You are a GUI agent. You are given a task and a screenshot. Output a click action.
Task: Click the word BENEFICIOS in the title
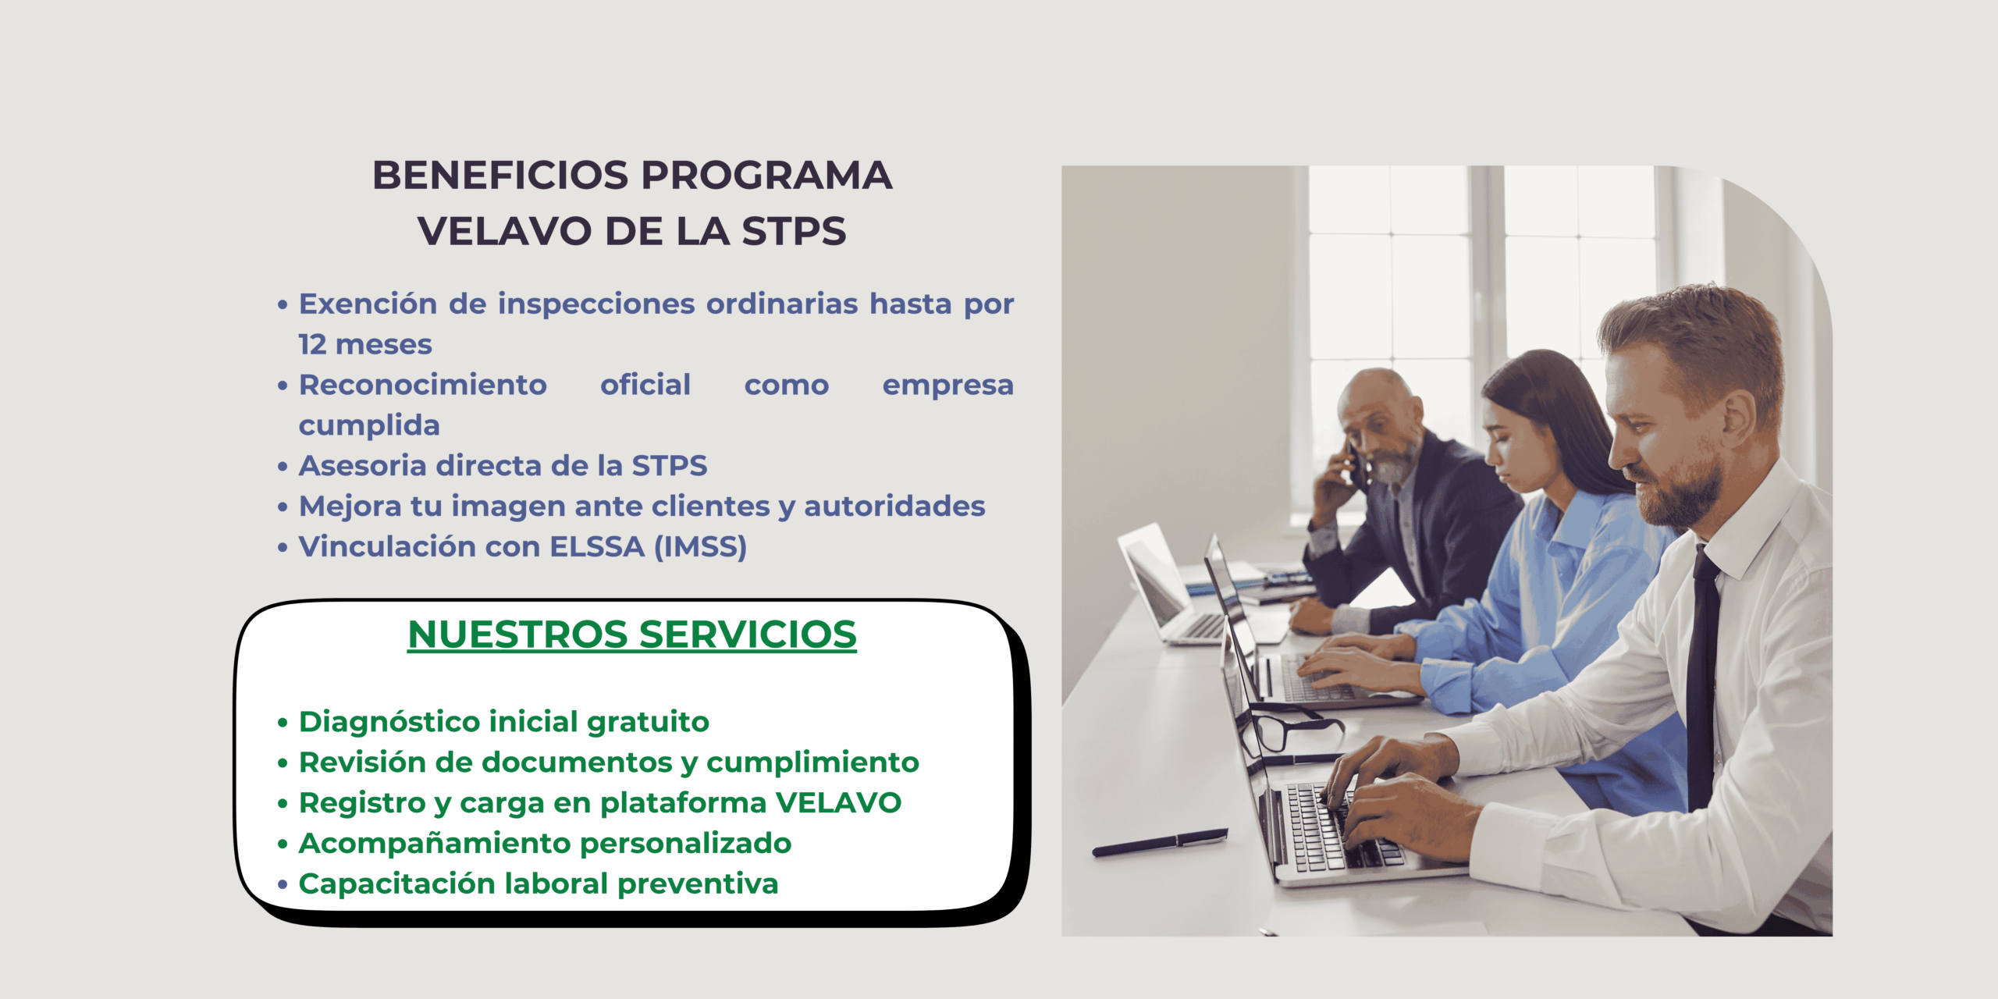tap(500, 175)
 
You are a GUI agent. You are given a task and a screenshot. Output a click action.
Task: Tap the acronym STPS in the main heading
tap(794, 231)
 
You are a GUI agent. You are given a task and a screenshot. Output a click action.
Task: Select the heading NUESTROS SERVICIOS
tap(632, 634)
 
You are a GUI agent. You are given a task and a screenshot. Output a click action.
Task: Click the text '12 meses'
tap(365, 344)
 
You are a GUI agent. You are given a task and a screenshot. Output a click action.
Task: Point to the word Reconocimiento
tap(423, 385)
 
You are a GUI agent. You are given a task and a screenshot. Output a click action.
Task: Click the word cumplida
tap(369, 426)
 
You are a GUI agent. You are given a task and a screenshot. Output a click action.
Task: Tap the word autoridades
tap(894, 507)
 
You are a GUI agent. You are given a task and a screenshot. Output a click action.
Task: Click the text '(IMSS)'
tap(700, 547)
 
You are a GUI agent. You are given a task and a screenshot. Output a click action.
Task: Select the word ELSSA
tap(597, 547)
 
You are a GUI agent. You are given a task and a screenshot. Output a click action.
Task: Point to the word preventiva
tap(698, 884)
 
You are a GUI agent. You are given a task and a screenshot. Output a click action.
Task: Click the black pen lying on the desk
tap(1160, 842)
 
